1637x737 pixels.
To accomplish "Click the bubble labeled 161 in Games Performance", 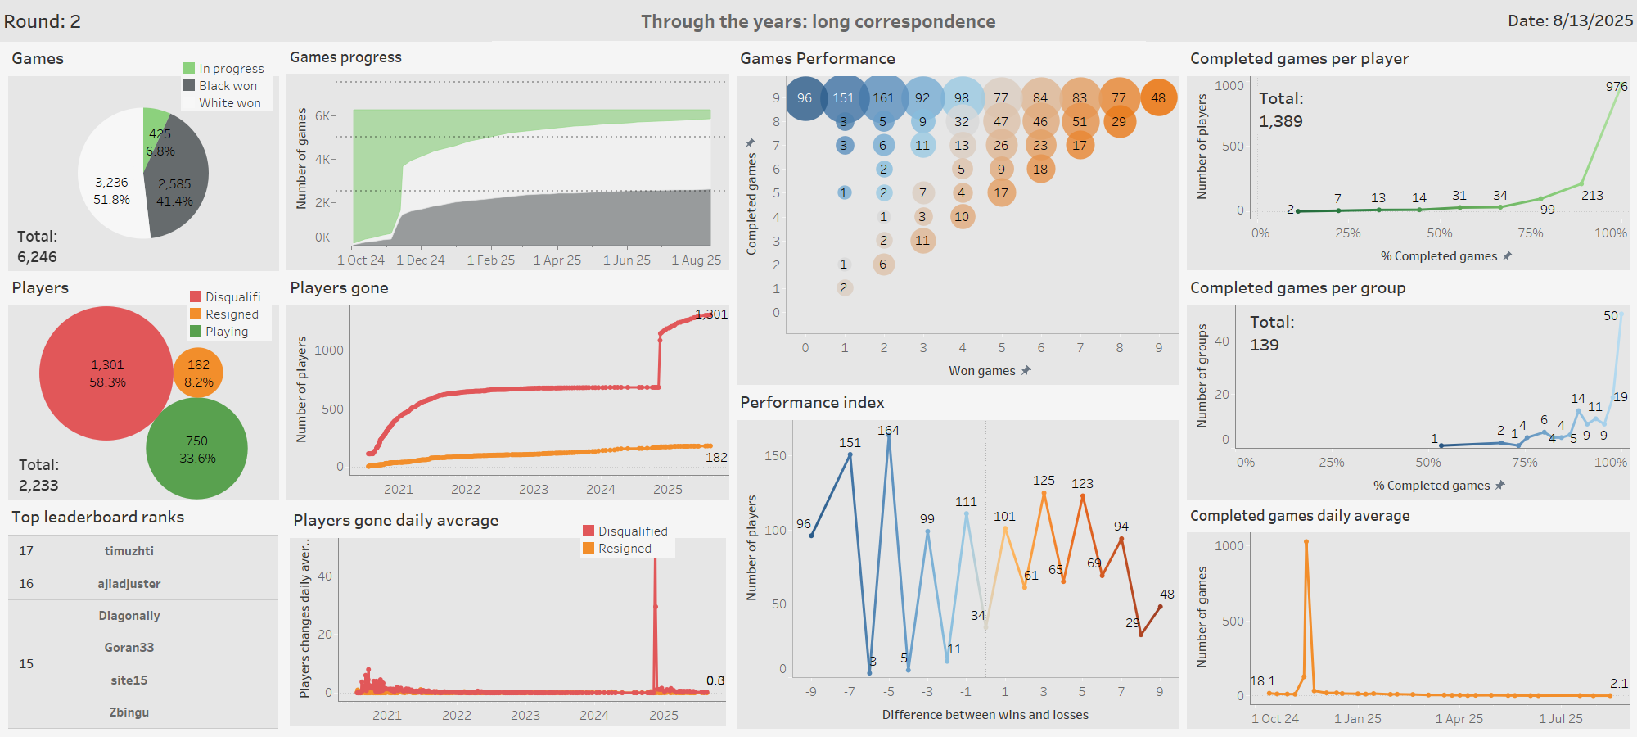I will coord(883,98).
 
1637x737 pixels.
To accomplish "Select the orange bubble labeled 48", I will coord(1158,98).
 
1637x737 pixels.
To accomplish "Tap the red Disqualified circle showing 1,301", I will coord(106,373).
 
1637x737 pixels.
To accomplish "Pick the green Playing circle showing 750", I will coord(196,449).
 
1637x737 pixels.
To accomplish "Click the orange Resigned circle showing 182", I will coord(198,373).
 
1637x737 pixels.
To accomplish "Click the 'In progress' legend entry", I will coord(231,69).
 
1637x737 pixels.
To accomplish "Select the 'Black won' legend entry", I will coord(228,86).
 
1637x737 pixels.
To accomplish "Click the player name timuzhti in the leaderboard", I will coord(129,551).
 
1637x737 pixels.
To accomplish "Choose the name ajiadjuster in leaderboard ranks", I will coord(129,584).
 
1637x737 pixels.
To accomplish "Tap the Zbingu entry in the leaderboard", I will coord(129,712).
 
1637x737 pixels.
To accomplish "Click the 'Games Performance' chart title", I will coord(817,58).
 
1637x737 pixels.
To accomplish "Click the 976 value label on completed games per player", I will coord(1616,86).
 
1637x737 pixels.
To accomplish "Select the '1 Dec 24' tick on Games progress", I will coord(420,260).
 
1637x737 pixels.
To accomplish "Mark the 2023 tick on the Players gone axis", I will coord(533,490).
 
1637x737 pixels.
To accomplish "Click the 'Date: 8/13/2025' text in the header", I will coord(1570,21).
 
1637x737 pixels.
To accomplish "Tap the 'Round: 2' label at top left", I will coord(43,21).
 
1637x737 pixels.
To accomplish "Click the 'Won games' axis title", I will coord(981,371).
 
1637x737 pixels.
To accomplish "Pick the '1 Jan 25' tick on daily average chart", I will coord(1357,719).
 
